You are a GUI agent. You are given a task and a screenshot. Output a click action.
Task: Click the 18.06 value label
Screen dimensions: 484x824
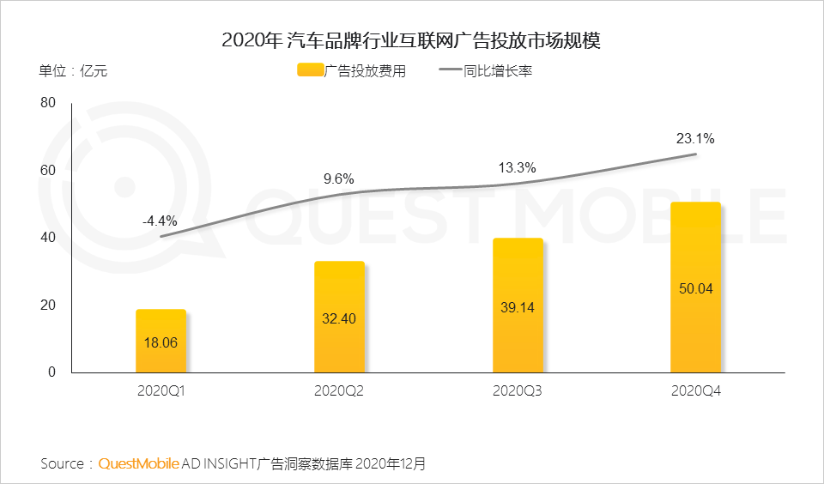[x=161, y=342]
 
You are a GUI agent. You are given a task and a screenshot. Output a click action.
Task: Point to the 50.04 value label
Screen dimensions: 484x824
[x=696, y=289]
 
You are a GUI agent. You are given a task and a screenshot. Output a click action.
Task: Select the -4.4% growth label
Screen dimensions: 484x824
[x=160, y=221]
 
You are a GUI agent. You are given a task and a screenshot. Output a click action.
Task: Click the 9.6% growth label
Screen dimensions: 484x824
[x=339, y=179]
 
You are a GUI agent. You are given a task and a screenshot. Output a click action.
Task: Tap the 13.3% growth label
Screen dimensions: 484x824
[x=518, y=167]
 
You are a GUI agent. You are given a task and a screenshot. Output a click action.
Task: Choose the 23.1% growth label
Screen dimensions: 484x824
[x=696, y=137]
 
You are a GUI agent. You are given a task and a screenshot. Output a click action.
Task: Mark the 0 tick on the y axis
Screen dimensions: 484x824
[x=51, y=372]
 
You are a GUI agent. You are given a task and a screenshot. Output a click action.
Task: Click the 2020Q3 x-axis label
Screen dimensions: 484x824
[x=518, y=391]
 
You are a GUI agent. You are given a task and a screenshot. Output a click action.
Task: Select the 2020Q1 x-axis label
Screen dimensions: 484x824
[x=161, y=391]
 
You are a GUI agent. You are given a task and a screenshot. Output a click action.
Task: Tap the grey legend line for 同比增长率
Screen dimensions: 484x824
[x=451, y=71]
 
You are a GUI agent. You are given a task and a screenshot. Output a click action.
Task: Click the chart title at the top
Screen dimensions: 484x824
[x=412, y=39]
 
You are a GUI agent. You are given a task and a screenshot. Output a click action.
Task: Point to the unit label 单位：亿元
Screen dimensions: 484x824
[x=73, y=71]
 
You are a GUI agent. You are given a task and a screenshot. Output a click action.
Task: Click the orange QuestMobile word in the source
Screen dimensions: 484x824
[x=139, y=464]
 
